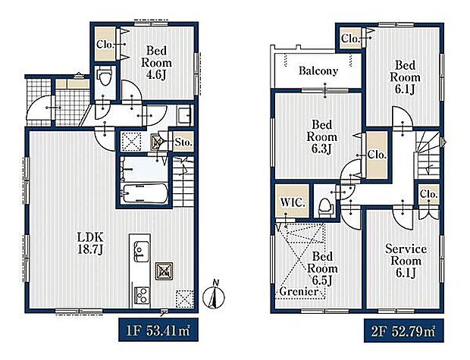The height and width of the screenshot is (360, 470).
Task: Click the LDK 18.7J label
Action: click(90, 243)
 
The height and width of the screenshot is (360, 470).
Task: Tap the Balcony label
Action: click(318, 70)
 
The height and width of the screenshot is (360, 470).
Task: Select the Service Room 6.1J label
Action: click(406, 261)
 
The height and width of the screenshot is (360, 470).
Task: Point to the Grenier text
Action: click(298, 291)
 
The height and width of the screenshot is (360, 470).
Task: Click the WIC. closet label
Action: click(293, 202)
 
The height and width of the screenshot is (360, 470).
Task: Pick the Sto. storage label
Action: click(183, 142)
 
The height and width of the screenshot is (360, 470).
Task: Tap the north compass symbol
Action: click(214, 295)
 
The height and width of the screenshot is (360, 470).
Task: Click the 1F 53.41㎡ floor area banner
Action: click(158, 330)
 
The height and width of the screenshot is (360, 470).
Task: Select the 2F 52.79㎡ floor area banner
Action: click(404, 331)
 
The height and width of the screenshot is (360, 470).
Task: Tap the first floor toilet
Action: click(105, 77)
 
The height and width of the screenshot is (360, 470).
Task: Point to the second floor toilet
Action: click(326, 207)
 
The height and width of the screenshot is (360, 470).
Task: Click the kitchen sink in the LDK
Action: click(141, 251)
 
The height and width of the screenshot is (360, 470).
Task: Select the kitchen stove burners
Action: click(141, 295)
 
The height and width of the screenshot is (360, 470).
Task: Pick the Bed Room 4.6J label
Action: click(156, 63)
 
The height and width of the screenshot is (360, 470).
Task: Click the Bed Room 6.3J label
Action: click(321, 136)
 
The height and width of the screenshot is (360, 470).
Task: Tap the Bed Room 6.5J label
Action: click(322, 268)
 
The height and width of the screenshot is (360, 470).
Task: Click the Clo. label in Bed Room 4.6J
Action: click(105, 45)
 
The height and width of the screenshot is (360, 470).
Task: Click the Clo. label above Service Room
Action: click(428, 194)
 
